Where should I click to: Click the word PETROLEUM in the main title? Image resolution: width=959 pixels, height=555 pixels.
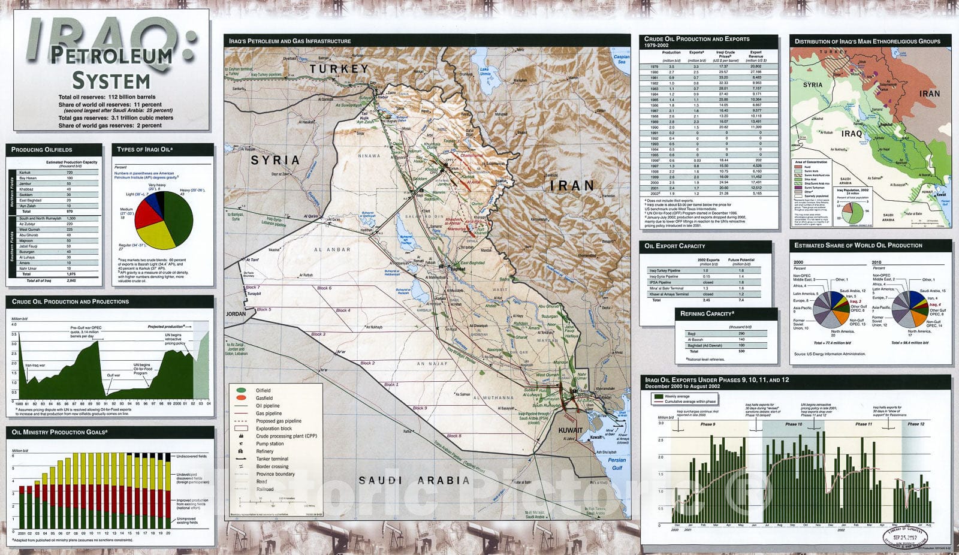coord(111,56)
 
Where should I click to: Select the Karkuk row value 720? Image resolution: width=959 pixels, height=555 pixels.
coord(70,173)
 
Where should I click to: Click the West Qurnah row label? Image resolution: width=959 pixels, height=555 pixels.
coord(29,230)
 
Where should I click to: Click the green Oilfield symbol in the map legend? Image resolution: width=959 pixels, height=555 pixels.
coord(242,391)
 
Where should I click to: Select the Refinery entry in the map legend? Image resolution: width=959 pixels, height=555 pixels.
coord(264,451)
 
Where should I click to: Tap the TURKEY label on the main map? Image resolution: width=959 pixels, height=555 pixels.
coord(339,69)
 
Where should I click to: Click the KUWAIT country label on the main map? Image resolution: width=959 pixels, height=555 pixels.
coord(570,430)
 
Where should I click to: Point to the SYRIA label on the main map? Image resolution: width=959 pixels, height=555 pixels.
coord(275,160)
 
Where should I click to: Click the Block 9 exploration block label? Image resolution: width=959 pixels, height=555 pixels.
coord(420,408)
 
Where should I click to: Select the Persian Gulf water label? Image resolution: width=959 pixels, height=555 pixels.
coord(617,464)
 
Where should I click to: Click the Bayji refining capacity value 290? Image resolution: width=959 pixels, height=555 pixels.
coord(741,333)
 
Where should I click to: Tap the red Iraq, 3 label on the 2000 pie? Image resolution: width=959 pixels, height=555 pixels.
coord(855,301)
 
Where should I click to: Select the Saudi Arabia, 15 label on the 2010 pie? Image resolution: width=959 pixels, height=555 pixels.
coord(934,291)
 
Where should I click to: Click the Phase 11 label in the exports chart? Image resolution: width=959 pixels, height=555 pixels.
coord(864,424)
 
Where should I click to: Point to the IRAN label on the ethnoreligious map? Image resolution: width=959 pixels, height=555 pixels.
coord(929,93)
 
